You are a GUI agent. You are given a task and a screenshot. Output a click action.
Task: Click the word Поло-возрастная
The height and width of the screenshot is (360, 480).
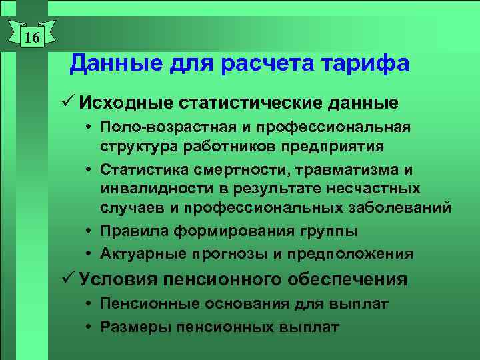tap(159, 127)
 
